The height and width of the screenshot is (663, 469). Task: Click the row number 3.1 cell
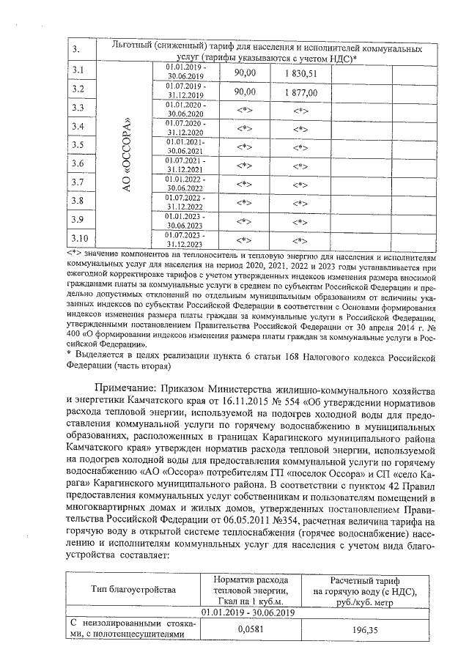79,71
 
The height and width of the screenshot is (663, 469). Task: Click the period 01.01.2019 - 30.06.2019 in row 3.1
186,71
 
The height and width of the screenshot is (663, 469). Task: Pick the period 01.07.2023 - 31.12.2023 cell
186,239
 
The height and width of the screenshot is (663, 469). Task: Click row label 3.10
81,238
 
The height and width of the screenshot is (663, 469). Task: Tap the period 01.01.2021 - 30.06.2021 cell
186,146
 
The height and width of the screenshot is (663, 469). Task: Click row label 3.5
79,145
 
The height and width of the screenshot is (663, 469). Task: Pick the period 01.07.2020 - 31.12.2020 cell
186,127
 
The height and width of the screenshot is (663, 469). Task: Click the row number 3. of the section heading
78,49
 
